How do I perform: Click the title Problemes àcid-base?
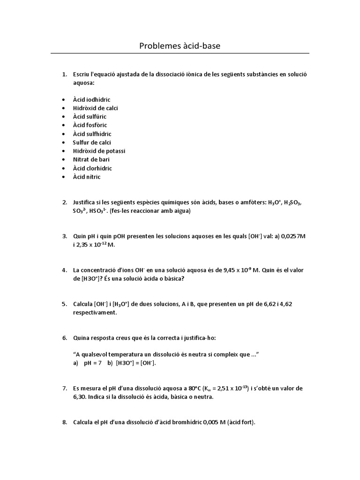click(180, 46)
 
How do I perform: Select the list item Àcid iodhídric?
click(91, 99)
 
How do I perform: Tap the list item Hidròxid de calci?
click(95, 108)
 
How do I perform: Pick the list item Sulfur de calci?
click(92, 142)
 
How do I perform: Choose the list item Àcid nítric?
click(86, 177)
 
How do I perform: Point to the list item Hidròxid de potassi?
click(99, 151)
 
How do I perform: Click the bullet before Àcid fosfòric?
click(63, 125)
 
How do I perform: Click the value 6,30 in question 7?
click(81, 397)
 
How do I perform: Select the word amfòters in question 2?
click(251, 202)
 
